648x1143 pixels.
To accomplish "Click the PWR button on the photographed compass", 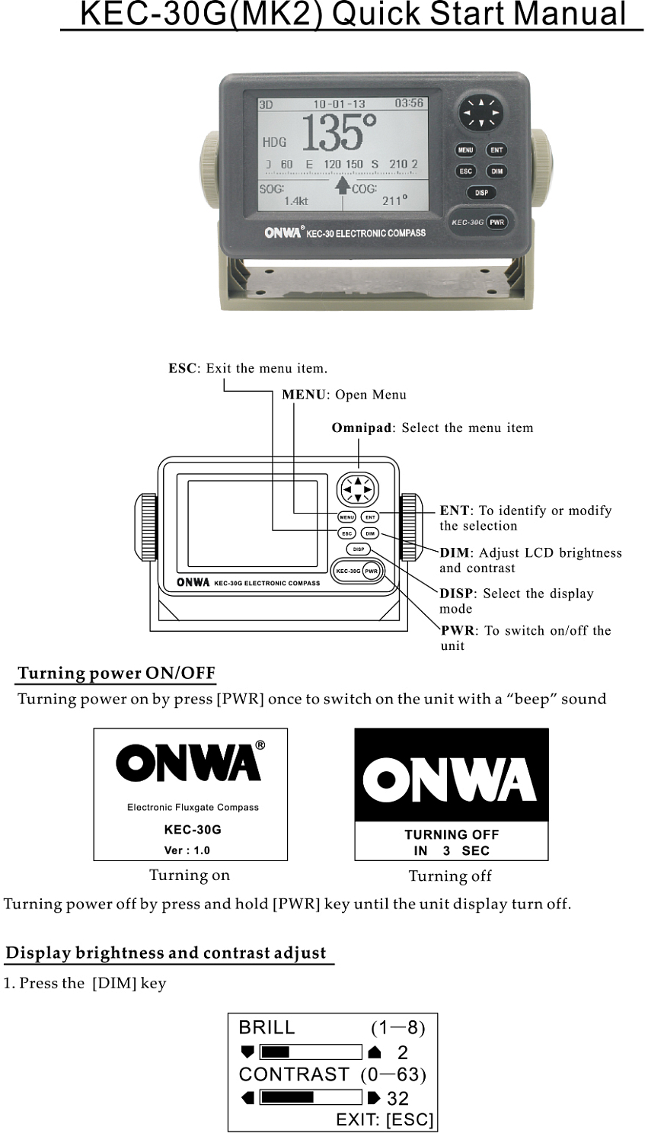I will tap(497, 223).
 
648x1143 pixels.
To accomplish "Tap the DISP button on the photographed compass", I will tap(481, 193).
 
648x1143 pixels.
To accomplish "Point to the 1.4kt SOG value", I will tap(295, 201).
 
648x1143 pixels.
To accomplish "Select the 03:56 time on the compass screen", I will tap(409, 104).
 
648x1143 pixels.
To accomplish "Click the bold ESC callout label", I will tap(182, 369).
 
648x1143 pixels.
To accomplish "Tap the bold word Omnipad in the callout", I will tap(361, 428).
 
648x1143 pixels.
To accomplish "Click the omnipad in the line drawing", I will tap(358, 489).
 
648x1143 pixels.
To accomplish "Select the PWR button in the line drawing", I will tap(371, 571).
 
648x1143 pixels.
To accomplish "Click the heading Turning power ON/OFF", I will tap(117, 674).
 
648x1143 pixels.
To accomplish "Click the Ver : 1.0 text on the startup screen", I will tap(187, 850).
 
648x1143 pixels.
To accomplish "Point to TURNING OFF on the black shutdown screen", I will tap(452, 835).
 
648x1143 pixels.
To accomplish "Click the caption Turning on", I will tap(190, 876).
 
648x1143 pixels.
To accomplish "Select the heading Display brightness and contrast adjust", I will tap(166, 953).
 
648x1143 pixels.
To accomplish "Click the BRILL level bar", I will tap(311, 1052).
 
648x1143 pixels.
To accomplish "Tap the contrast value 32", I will tap(397, 1099).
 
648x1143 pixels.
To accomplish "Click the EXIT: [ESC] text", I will tap(385, 1120).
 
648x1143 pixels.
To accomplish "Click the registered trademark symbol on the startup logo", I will tap(260, 745).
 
